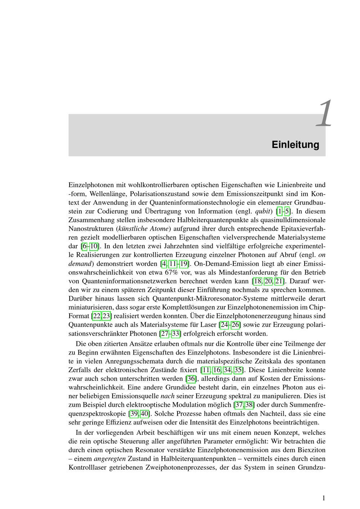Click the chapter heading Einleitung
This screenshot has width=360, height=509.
[x=295, y=145]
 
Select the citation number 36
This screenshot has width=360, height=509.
[x=191, y=379]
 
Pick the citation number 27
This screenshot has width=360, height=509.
[x=165, y=333]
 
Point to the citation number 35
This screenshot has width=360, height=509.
[x=238, y=370]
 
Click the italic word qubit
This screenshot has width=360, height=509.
[x=264, y=211]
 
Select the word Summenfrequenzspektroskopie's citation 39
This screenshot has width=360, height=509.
[x=134, y=414]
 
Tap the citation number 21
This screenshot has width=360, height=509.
[x=279, y=281]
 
